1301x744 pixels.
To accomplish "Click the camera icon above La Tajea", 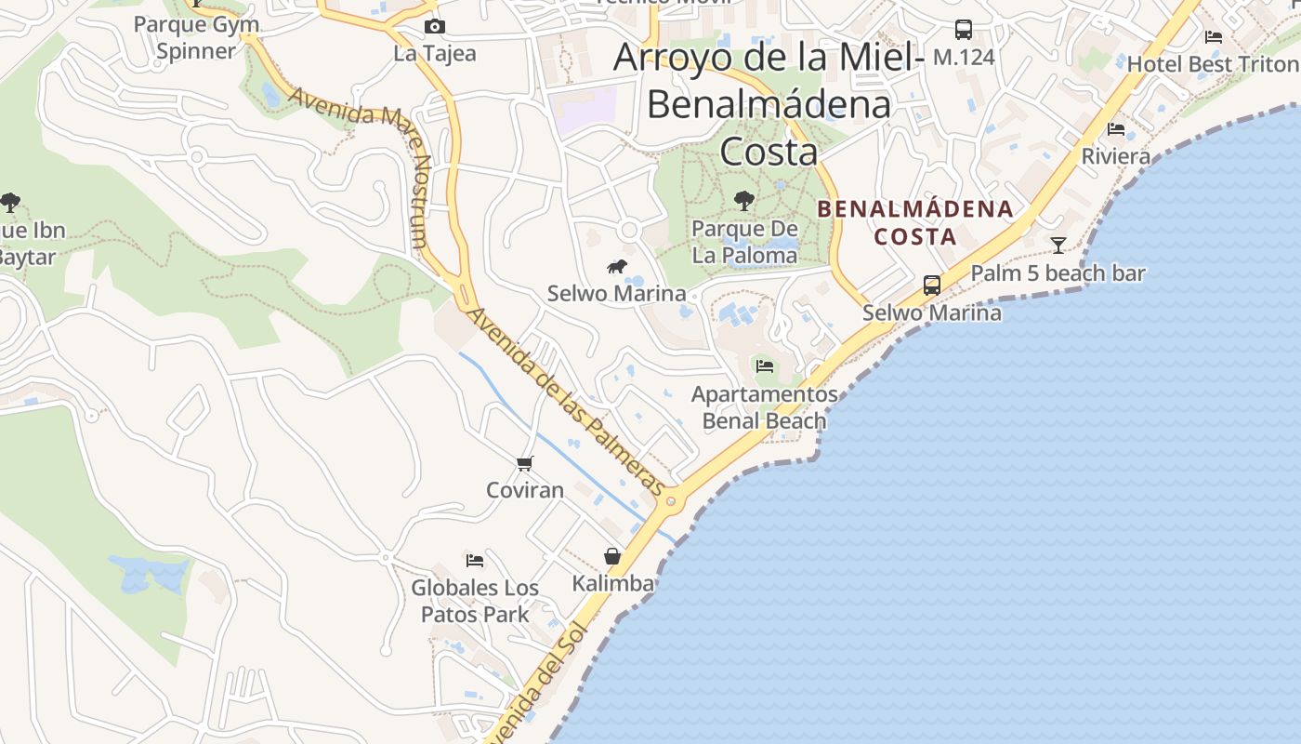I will point(434,26).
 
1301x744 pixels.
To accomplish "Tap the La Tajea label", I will point(434,53).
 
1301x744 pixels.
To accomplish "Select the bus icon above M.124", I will point(964,30).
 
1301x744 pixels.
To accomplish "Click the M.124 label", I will point(964,57).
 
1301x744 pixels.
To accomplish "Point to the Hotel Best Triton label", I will point(1213,63).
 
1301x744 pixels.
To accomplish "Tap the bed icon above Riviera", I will point(1116,128).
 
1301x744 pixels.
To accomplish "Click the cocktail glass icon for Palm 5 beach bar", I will point(1058,246).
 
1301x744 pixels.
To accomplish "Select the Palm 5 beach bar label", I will point(1058,273).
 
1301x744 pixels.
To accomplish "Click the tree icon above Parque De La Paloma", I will point(743,200).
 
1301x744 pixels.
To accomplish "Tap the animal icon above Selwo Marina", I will point(616,267).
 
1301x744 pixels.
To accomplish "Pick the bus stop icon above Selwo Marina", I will point(931,286).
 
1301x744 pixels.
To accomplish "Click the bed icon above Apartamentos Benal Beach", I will point(765,365).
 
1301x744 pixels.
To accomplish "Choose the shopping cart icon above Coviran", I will point(525,463).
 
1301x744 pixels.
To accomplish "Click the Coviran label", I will point(525,489).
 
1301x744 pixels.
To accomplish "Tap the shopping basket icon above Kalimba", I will point(612,556).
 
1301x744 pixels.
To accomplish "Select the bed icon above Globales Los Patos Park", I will point(475,561).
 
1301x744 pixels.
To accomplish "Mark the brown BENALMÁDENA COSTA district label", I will point(915,222).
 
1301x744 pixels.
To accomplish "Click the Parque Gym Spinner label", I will point(196,37).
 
